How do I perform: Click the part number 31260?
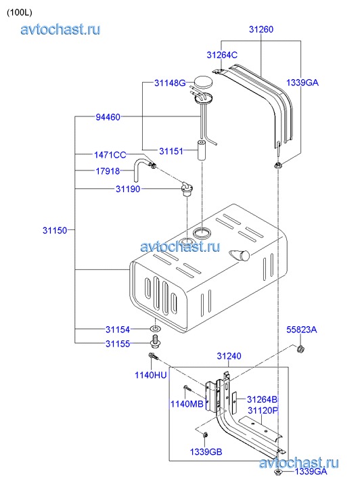[261, 29]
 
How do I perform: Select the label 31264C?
[222, 55]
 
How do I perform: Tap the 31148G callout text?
[170, 83]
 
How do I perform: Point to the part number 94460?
[108, 117]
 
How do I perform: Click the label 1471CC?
[110, 155]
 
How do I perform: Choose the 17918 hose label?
[108, 171]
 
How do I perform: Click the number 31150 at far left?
[55, 230]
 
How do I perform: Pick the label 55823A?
[302, 330]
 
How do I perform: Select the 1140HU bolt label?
[151, 375]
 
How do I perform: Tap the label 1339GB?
[206, 452]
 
